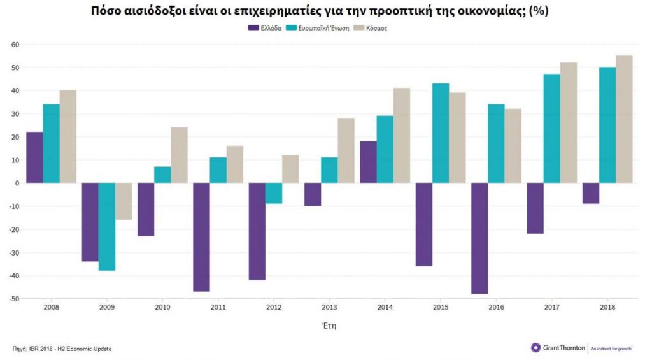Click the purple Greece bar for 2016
[x=479, y=238]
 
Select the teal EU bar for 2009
[x=107, y=227]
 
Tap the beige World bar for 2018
[x=624, y=119]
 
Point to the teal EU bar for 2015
[x=441, y=133]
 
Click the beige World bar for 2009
[x=124, y=201]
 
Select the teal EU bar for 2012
[x=274, y=193]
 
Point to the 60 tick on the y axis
[x=15, y=45]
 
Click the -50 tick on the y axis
[x=13, y=299]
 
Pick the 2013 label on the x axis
[x=329, y=308]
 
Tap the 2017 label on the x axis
[x=551, y=308]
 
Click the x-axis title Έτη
[x=329, y=326]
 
